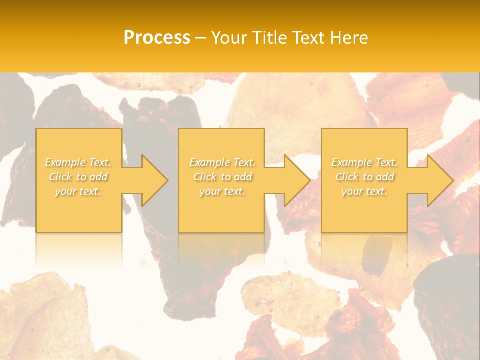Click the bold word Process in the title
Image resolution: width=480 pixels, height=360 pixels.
coord(157,37)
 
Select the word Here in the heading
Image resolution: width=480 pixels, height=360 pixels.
coord(350,37)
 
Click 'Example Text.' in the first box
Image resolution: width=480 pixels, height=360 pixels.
coord(78,162)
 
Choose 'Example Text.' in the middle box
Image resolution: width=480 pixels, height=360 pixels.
coord(222,162)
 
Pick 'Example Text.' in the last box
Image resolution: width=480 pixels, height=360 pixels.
coord(364,162)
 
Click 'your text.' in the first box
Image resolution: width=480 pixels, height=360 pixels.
coord(78,191)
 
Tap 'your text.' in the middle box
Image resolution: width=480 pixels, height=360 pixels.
coord(222,191)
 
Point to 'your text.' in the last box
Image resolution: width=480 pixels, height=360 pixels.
coord(364,191)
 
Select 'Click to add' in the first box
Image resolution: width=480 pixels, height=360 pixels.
coord(78,177)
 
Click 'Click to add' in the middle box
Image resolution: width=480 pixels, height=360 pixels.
coord(222,177)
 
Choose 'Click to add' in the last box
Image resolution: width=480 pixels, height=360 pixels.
coord(364,177)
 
